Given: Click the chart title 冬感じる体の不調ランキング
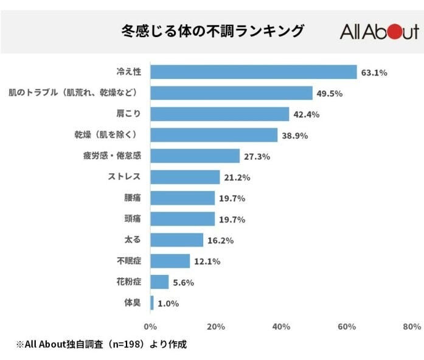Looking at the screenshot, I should tap(212, 30).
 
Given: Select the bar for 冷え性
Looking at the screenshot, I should tap(253, 72).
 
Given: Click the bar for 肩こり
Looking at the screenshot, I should tap(220, 114).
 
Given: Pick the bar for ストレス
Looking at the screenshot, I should tap(185, 177).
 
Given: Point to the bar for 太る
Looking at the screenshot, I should tap(176, 240).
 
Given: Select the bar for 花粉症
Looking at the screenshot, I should tap(159, 282).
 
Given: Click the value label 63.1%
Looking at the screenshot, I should tap(374, 72).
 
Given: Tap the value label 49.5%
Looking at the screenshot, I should tap(330, 94).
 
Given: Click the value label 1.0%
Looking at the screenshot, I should tap(169, 303).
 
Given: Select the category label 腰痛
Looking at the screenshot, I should tap(132, 198).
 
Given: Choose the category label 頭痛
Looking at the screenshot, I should tap(132, 219).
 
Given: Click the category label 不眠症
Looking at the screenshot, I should tap(128, 261).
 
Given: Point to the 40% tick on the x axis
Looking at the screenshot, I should tap(281, 327).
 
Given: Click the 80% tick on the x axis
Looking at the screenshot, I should tap(412, 327).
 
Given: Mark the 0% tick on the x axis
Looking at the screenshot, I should tap(150, 327).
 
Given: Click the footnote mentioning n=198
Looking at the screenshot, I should tap(100, 344).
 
